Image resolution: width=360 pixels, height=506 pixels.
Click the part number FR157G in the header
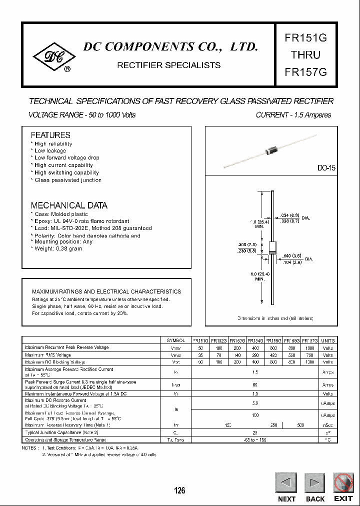(x=305, y=71)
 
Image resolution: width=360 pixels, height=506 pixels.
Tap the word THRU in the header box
(x=305, y=55)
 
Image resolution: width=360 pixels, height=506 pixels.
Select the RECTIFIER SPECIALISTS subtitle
(x=168, y=65)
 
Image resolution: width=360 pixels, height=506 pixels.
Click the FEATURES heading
(x=50, y=135)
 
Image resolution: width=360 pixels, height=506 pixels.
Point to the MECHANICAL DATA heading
(x=69, y=205)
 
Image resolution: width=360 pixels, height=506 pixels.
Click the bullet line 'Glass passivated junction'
(x=67, y=180)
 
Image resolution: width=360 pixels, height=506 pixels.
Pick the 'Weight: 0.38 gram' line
(x=58, y=249)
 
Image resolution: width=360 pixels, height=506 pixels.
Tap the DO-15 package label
(x=326, y=168)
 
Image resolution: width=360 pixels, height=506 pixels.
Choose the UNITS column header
(x=327, y=340)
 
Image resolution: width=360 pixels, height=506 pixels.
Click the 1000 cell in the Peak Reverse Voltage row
(x=309, y=347)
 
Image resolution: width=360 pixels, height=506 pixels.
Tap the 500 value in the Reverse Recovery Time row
(x=300, y=425)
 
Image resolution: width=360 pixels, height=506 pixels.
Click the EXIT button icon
(x=343, y=483)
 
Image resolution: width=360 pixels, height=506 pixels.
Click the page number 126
(x=179, y=490)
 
